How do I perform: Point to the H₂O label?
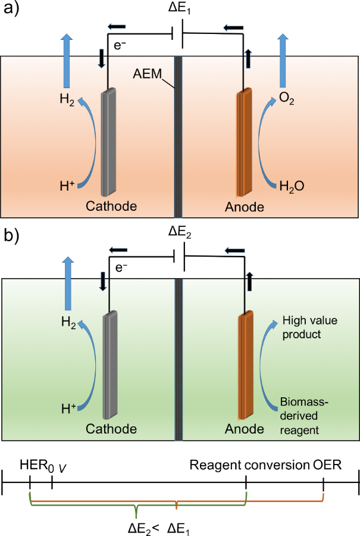(292, 186)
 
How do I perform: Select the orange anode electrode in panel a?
(245, 142)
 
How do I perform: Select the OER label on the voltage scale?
(327, 465)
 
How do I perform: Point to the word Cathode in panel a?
(111, 207)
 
